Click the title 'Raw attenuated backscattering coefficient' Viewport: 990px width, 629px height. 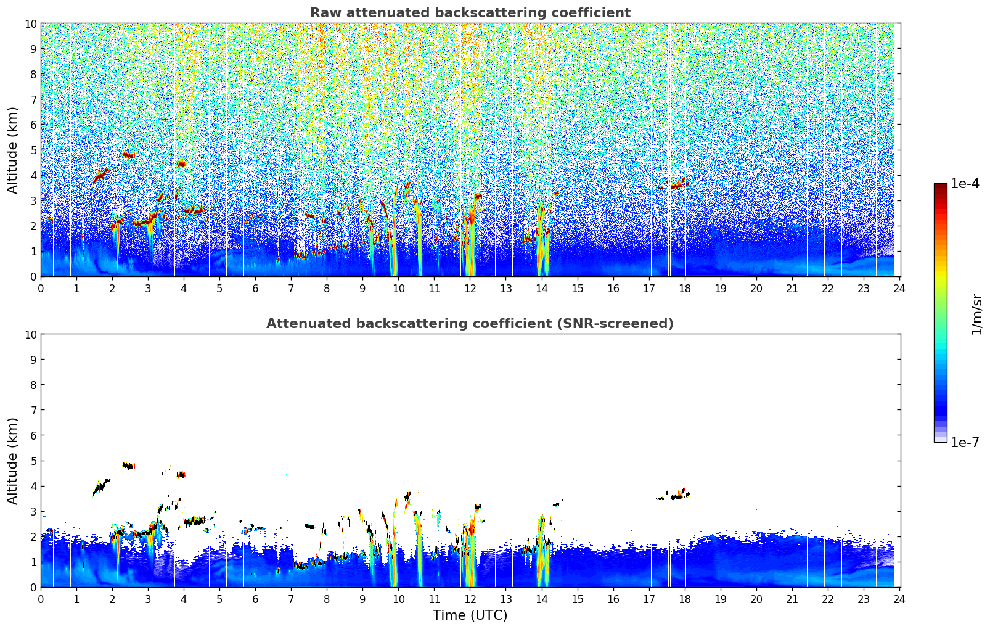(470, 13)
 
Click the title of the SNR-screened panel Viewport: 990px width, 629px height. (470, 324)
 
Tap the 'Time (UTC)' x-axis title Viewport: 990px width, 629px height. (470, 615)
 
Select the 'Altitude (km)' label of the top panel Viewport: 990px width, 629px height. (13, 150)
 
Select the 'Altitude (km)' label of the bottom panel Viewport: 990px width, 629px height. (13, 461)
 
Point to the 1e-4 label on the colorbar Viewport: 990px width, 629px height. (965, 184)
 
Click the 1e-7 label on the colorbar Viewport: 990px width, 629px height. (965, 442)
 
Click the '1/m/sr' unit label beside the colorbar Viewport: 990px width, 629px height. (976, 313)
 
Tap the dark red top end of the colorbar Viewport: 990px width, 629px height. (940, 187)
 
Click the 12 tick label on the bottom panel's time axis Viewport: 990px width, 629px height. (470, 599)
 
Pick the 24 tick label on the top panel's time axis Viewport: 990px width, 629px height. (899, 288)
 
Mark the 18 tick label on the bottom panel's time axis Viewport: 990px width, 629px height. (684, 599)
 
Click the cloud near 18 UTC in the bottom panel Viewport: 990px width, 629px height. (678, 495)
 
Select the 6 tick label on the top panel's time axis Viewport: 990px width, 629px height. (255, 288)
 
